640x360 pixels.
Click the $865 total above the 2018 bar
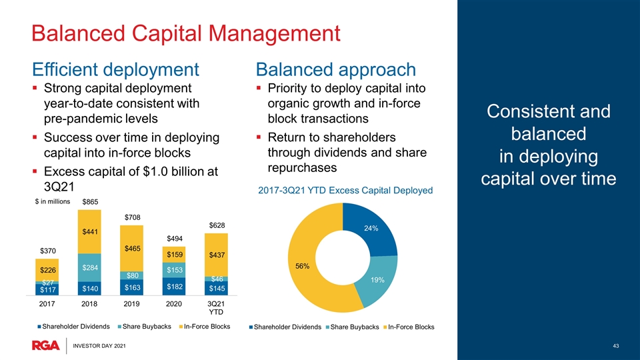point(90,201)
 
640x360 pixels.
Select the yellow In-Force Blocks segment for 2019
point(131,248)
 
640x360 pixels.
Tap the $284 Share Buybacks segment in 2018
point(89,267)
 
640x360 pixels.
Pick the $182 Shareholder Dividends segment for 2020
point(174,286)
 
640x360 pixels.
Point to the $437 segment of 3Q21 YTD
point(216,255)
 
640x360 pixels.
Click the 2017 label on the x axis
point(47,304)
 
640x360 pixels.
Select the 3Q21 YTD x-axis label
point(216,308)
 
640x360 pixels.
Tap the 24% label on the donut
point(371,228)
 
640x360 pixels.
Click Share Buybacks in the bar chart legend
point(145,327)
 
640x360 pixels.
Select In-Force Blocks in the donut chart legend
point(409,327)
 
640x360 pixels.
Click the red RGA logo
point(46,345)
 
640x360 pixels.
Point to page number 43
point(616,346)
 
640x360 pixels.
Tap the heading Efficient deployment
point(115,69)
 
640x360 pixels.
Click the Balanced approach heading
point(336,69)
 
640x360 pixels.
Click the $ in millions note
point(53,201)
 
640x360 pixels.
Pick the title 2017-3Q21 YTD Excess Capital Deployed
point(345,191)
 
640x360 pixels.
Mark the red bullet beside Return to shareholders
point(259,137)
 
